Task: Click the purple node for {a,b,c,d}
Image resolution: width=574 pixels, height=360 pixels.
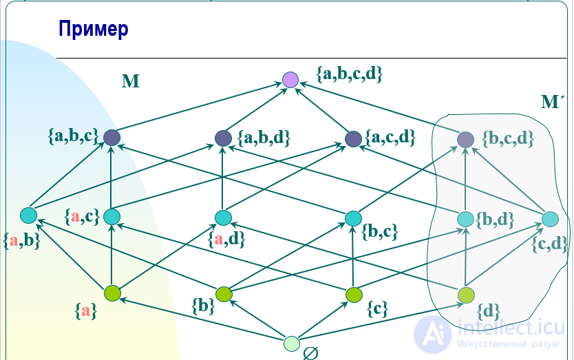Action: coord(290,80)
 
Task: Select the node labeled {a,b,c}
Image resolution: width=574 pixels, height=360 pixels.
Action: coord(112,138)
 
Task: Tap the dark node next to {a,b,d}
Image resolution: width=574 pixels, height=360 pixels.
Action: coord(223,138)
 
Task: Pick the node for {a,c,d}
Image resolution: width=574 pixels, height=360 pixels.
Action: coord(353,138)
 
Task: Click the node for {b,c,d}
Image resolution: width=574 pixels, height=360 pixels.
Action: coord(466,139)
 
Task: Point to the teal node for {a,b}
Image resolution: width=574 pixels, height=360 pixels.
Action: coord(28,215)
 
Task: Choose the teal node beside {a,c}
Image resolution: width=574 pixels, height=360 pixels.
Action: coord(111,217)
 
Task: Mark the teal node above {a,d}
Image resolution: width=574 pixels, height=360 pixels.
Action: coord(222,218)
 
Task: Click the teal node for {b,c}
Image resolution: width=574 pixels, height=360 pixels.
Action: coord(353,218)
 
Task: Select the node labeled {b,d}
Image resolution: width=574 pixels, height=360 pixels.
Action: coord(466,218)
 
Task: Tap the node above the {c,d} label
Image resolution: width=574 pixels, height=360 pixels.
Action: coord(550,219)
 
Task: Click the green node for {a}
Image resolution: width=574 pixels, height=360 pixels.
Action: coord(112,293)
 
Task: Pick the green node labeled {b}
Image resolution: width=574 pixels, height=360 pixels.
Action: coord(224,295)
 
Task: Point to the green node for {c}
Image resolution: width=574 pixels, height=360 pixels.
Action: coord(354,295)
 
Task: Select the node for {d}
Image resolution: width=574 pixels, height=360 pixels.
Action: coord(466,295)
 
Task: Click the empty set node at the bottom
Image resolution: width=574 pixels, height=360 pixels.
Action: coord(292,343)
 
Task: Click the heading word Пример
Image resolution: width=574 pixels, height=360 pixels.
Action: coord(94,29)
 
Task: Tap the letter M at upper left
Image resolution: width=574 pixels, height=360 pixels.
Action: coord(131,82)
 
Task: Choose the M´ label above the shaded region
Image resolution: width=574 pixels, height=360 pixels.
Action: coord(553,103)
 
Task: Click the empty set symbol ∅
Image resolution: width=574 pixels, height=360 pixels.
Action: coord(310,352)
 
